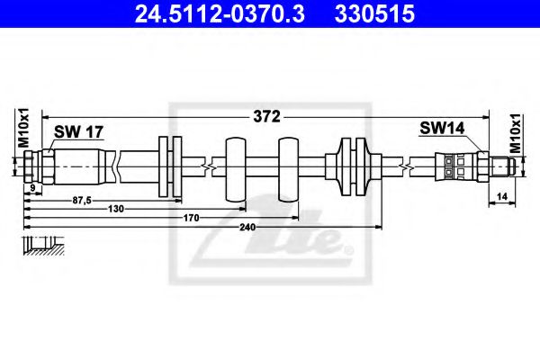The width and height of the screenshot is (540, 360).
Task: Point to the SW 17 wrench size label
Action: coord(79,132)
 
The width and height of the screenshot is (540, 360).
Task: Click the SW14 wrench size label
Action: coord(442,130)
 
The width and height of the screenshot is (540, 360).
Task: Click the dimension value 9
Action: coord(32,187)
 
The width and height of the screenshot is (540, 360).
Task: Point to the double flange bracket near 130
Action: coord(169,167)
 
